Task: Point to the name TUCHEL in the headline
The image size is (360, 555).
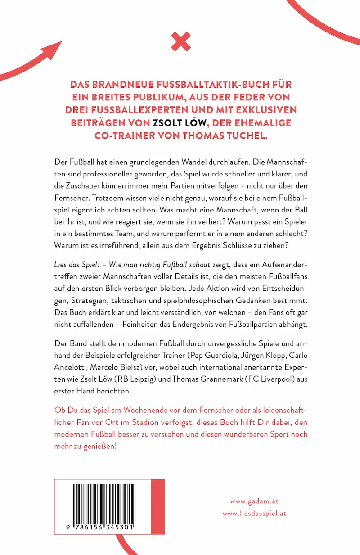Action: (x=250, y=135)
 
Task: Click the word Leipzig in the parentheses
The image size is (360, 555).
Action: (x=155, y=379)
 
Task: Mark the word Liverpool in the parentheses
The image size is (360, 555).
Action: (x=283, y=379)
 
